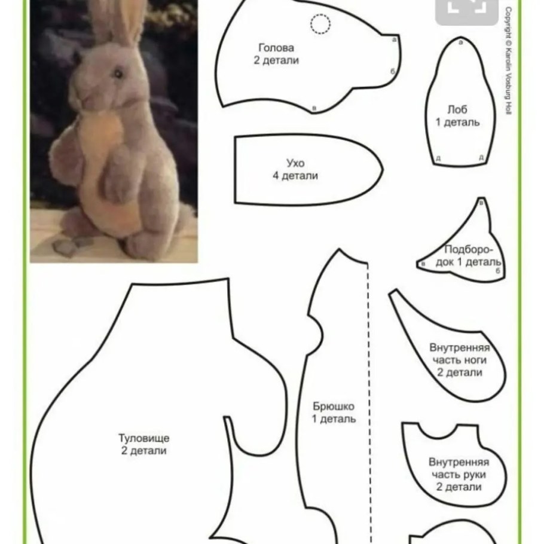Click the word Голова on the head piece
click(276, 48)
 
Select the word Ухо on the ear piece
click(295, 163)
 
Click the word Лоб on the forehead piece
click(457, 109)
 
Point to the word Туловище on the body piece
click(144, 438)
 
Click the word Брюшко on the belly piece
click(334, 407)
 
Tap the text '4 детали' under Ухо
click(295, 176)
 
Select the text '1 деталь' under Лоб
click(457, 122)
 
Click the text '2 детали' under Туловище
click(144, 451)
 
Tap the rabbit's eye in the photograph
click(118, 74)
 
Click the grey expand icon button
click(467, 10)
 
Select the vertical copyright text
click(508, 61)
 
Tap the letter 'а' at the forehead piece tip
click(461, 42)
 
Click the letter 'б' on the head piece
click(393, 72)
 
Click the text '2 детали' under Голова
click(276, 60)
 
